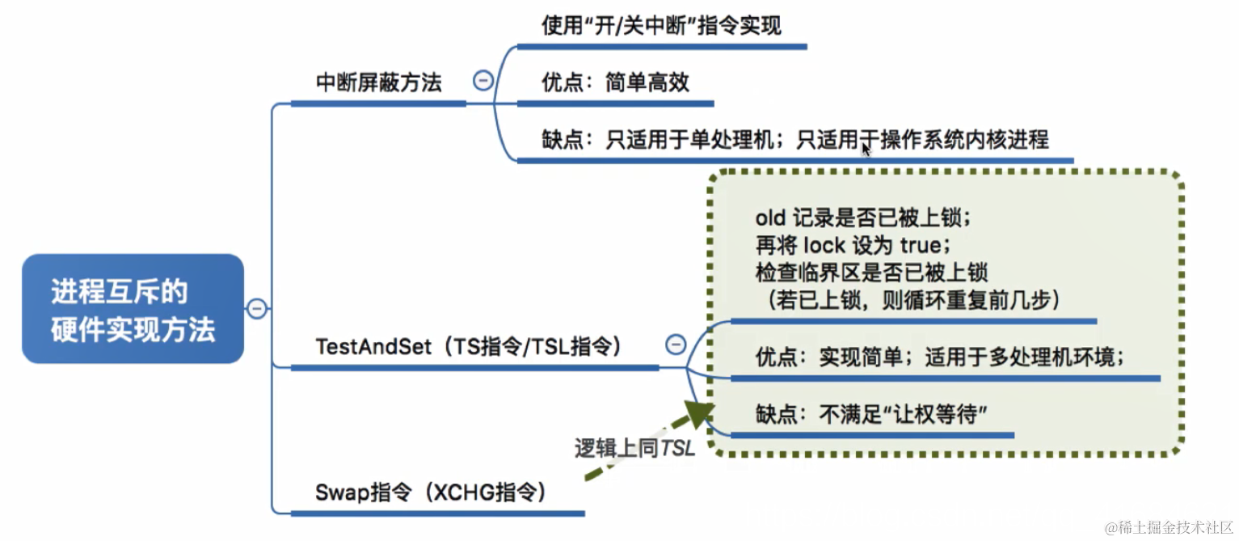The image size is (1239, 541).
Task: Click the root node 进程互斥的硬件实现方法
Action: pos(133,309)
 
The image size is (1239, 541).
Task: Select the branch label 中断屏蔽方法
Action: pos(378,82)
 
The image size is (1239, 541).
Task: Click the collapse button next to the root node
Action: pos(257,309)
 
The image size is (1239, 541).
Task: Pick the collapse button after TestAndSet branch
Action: pos(676,344)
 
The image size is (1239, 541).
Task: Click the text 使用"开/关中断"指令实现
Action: pos(661,26)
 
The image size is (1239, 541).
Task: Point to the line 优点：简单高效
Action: pos(615,82)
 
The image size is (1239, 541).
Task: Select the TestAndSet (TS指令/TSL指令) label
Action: pos(468,346)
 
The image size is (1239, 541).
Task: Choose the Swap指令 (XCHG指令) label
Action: pos(430,491)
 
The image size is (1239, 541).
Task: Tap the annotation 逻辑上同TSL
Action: pos(634,449)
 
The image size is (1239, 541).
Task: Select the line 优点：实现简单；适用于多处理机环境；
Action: pos(940,357)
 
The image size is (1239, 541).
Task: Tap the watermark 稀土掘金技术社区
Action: pos(1169,527)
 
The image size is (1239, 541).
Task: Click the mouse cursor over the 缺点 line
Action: pos(866,150)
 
